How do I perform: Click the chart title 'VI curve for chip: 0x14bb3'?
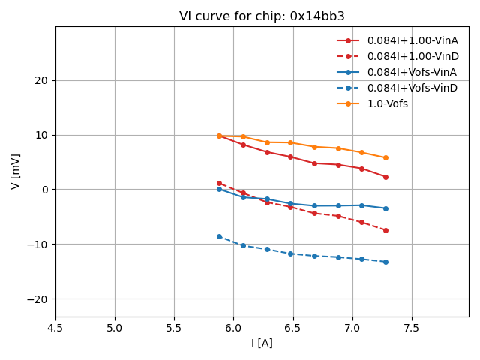click(x=262, y=16)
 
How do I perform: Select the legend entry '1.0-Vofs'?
click(x=388, y=103)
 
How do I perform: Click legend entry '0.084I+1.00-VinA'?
click(x=412, y=40)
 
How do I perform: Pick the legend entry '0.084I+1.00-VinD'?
click(x=412, y=56)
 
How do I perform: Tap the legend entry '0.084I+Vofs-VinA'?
click(x=412, y=72)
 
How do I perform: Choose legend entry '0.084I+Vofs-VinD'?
click(x=412, y=88)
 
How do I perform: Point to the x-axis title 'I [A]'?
click(x=262, y=343)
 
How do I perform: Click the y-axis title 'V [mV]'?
click(x=16, y=171)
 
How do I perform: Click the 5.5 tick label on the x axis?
click(x=174, y=328)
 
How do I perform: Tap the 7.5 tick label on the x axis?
click(x=412, y=328)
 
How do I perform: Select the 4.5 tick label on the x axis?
click(x=55, y=328)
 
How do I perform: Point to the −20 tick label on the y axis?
click(x=37, y=298)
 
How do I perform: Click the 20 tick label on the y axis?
click(x=42, y=80)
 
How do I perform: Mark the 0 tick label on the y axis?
click(x=45, y=190)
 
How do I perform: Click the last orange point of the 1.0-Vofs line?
click(x=385, y=157)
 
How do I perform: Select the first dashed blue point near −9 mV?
click(x=219, y=236)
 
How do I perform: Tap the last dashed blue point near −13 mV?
click(x=385, y=262)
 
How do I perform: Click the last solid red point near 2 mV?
click(x=385, y=177)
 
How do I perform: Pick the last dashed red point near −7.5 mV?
click(x=385, y=230)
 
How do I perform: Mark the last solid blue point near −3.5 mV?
click(x=385, y=208)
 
